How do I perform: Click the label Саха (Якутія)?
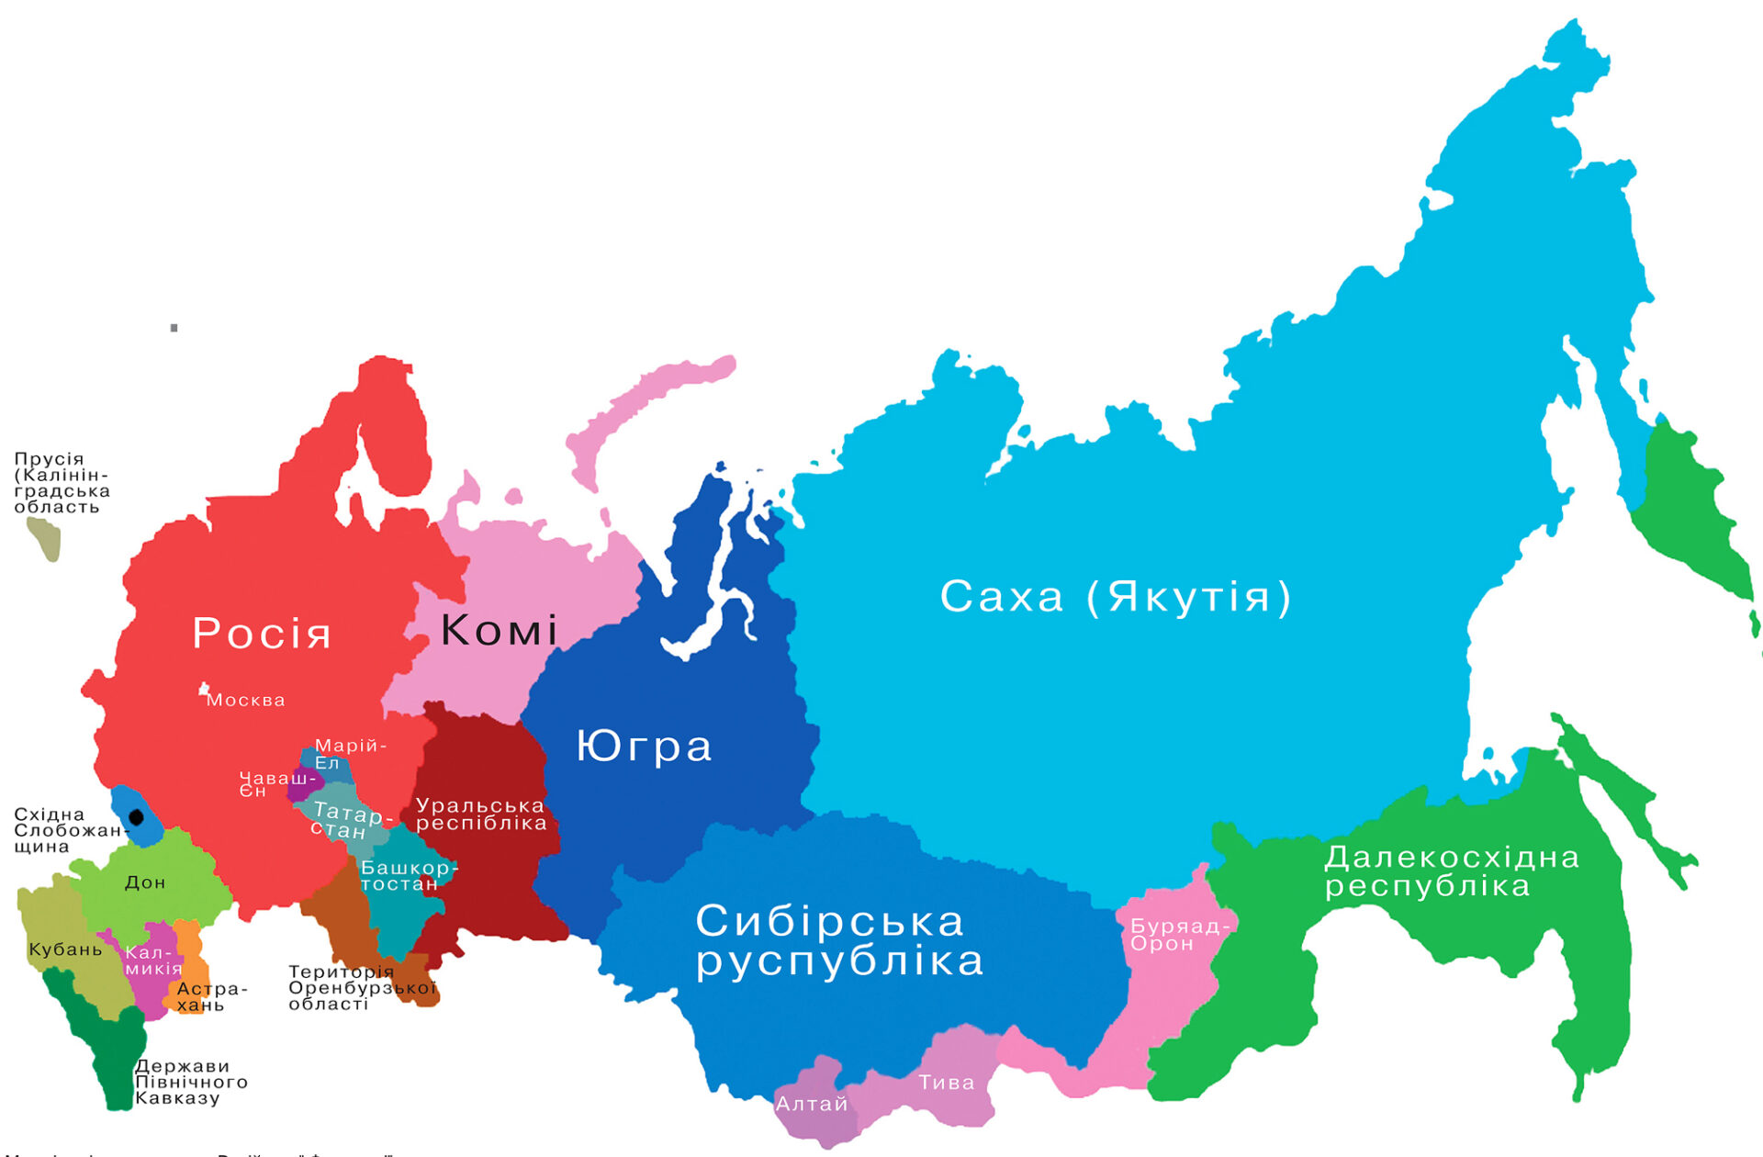click(x=1116, y=597)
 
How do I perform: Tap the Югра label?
click(x=644, y=746)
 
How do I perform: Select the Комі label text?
click(x=499, y=630)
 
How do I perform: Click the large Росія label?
click(x=262, y=634)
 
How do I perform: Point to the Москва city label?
click(x=245, y=701)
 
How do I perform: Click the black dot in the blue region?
click(x=137, y=816)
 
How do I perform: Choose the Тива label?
click(x=947, y=1083)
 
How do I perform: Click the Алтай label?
click(x=812, y=1104)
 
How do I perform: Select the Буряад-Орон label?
click(x=1177, y=935)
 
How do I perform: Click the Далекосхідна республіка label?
click(x=1451, y=871)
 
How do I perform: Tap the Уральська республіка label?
click(x=481, y=814)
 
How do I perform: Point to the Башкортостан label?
click(x=408, y=876)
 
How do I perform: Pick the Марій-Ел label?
click(x=349, y=754)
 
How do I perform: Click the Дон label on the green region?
click(x=145, y=882)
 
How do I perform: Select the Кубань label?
click(x=65, y=949)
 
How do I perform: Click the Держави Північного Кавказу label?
click(x=190, y=1082)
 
